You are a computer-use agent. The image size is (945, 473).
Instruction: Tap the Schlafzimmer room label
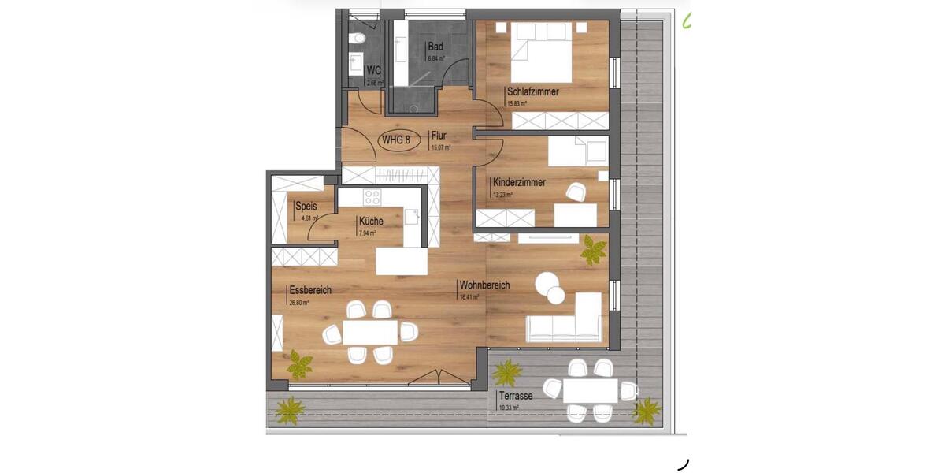[x=532, y=91]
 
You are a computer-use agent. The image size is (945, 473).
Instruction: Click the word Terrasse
[x=514, y=396]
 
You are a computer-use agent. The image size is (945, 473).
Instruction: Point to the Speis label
[x=306, y=207]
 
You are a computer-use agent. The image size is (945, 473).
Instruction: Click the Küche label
[x=370, y=222]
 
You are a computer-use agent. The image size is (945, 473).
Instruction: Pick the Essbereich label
[x=309, y=290]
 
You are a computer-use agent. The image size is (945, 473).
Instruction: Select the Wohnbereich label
[x=484, y=285]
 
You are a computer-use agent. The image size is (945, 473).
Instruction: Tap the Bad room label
[x=435, y=47]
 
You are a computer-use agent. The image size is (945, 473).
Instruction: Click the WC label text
[x=373, y=71]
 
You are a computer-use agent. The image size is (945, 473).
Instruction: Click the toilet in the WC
[x=357, y=37]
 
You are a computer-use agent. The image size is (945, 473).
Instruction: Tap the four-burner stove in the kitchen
[x=372, y=197]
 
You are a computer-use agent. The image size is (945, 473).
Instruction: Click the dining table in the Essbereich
[x=369, y=333]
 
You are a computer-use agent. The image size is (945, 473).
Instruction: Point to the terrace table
[x=590, y=389]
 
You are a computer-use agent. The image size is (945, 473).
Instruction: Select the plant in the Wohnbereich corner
[x=592, y=251]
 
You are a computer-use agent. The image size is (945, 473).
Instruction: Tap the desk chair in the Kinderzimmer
[x=575, y=192]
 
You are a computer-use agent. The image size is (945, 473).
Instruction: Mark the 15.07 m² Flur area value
[x=439, y=147]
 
